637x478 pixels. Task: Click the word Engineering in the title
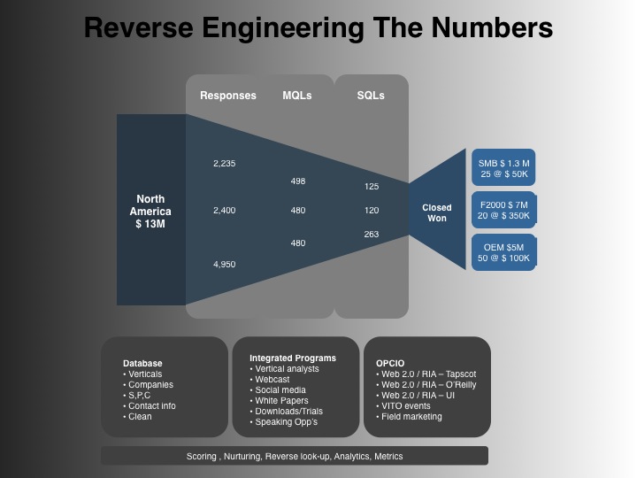tap(283, 29)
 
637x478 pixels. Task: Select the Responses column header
tap(228, 96)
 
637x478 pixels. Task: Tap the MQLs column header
tap(297, 96)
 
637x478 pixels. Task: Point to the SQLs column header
tap(371, 96)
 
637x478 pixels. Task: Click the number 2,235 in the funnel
tap(224, 164)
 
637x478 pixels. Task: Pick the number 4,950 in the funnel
tap(224, 264)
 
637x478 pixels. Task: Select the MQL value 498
tap(298, 181)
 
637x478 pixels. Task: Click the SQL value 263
tap(372, 234)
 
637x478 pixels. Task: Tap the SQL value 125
tap(372, 187)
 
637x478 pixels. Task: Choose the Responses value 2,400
tap(224, 210)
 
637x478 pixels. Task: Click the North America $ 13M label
tap(150, 212)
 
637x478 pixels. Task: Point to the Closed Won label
tap(437, 212)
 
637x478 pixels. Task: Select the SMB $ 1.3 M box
tap(503, 167)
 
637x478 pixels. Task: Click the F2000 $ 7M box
tap(503, 210)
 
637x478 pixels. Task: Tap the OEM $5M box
tap(503, 252)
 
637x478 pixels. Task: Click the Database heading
tap(142, 364)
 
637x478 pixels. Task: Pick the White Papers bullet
tap(279, 401)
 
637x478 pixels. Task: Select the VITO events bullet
tap(403, 406)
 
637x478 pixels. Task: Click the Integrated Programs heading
tap(293, 358)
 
